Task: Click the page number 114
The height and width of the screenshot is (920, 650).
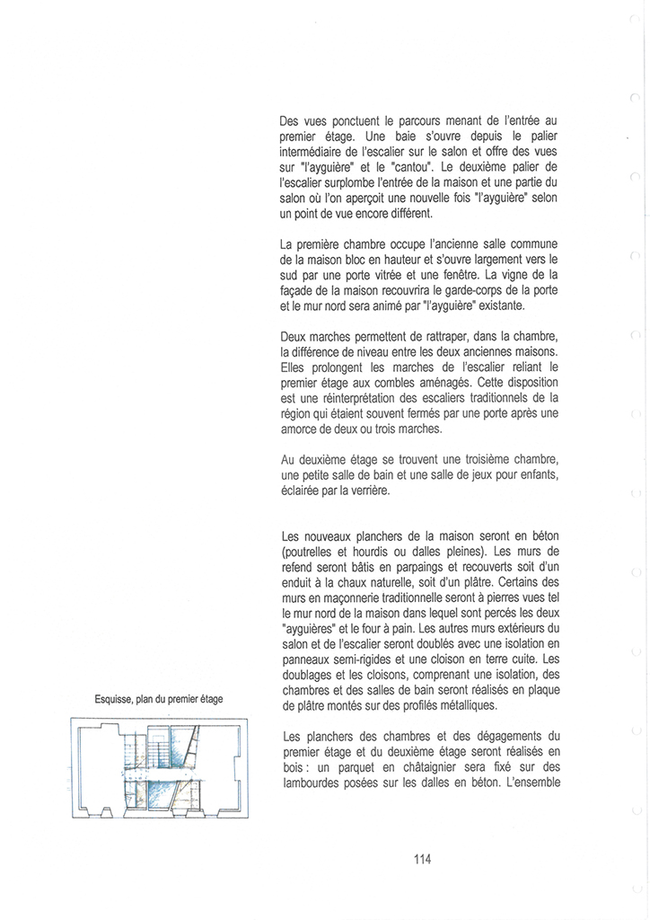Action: click(423, 859)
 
